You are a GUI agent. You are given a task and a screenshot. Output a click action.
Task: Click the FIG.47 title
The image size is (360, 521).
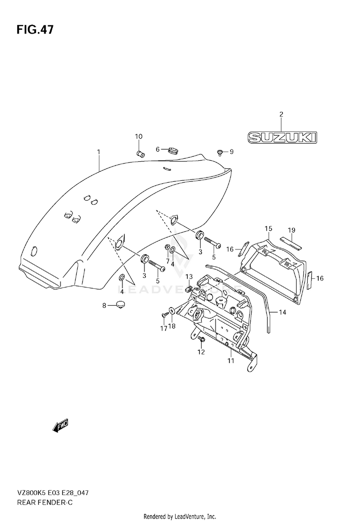[x=35, y=30]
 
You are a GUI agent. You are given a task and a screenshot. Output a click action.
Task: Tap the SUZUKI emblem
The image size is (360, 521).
[x=282, y=138]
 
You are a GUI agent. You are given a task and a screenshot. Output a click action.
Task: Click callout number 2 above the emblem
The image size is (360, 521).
[x=281, y=114]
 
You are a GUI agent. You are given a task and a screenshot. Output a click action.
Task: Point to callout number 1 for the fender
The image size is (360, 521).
[x=98, y=152]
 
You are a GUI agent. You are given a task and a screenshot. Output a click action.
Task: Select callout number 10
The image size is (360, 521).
[x=139, y=136]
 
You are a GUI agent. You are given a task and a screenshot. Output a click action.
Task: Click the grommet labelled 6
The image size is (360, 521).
[x=172, y=151]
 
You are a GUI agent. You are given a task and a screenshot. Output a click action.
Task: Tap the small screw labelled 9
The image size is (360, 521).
[x=220, y=152]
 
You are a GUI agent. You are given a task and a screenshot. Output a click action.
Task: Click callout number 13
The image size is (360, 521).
[x=189, y=276]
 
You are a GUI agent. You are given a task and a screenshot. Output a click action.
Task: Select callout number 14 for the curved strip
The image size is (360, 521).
[x=282, y=312]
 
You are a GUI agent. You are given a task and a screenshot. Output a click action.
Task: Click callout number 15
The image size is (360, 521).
[x=268, y=228]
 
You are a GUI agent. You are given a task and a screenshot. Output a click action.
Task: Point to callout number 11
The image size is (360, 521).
[x=231, y=360]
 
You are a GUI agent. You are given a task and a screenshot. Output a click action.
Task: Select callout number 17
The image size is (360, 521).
[x=164, y=329]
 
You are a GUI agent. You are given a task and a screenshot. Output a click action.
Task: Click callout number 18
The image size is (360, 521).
[x=172, y=326]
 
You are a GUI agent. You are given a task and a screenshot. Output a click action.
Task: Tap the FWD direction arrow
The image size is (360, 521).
[x=60, y=426]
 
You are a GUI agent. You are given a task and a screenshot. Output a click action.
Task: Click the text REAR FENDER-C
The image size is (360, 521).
[x=45, y=503]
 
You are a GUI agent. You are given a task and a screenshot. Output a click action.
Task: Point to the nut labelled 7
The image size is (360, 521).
[x=167, y=248]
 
